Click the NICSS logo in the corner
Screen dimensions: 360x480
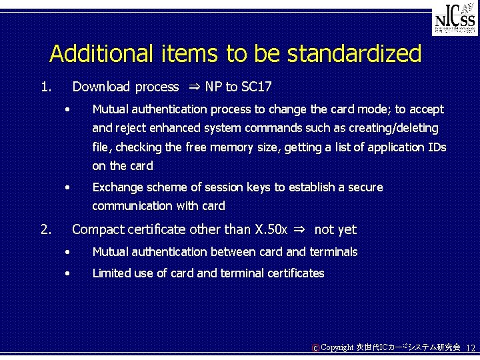pos(455,21)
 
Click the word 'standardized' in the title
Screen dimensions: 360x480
pos(345,54)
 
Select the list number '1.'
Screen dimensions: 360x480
pos(45,87)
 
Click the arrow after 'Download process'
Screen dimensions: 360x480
pos(193,87)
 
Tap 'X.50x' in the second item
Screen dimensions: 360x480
pos(271,230)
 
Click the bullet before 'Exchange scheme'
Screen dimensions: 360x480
pos(67,187)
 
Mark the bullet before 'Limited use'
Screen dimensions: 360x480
pos(67,273)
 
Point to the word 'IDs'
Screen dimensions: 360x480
pos(437,147)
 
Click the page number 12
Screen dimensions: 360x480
pos(470,349)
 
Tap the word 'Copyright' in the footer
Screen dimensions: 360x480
pos(337,348)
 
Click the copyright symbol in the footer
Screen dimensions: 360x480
pos(315,348)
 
